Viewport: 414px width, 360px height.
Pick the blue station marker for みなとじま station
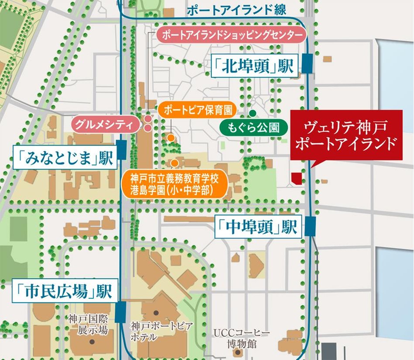click(121, 150)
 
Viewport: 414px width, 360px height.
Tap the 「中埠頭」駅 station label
click(258, 227)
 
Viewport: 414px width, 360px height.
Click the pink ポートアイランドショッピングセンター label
click(231, 35)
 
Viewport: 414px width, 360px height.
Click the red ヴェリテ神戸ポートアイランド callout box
click(346, 135)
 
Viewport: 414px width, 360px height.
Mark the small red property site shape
click(297, 177)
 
